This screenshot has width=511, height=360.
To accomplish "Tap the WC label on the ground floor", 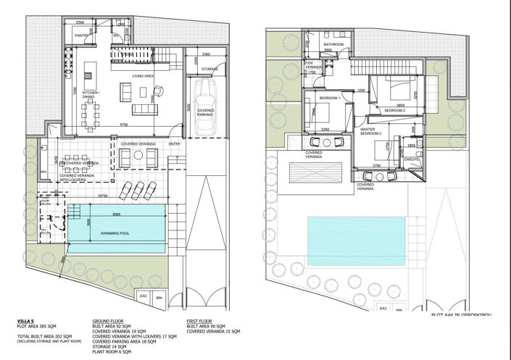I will pos(116,35).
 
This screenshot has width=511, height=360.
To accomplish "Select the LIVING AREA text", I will pos(141,75).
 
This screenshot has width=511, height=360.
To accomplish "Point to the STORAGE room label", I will pos(209,70).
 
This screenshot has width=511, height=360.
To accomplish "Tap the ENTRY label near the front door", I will pos(174,144).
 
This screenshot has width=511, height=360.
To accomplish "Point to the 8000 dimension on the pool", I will pos(116,214).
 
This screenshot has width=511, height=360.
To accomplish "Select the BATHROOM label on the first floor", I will pos(333,45).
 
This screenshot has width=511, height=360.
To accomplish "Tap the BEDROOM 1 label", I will pos(330,98).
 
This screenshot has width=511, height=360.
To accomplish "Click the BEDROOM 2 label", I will pos(394,110).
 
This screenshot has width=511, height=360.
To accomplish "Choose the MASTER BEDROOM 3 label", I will pos(374,132).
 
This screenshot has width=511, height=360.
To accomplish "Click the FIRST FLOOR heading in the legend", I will pos(201,319).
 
